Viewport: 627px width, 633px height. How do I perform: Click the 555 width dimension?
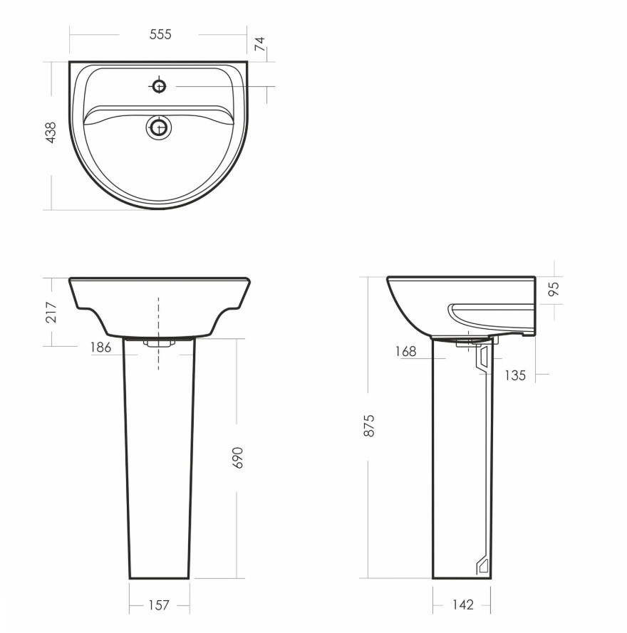click(160, 34)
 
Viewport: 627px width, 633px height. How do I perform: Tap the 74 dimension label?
click(261, 43)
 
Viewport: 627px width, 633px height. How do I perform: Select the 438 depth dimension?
click(51, 132)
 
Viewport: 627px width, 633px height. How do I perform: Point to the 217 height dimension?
click(51, 312)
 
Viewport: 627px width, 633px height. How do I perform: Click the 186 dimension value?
click(100, 347)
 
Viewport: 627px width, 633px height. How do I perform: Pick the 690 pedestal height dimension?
click(239, 457)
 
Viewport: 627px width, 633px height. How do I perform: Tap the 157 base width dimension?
click(159, 605)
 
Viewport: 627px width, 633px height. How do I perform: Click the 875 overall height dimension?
click(369, 426)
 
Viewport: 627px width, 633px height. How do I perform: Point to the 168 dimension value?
click(405, 352)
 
